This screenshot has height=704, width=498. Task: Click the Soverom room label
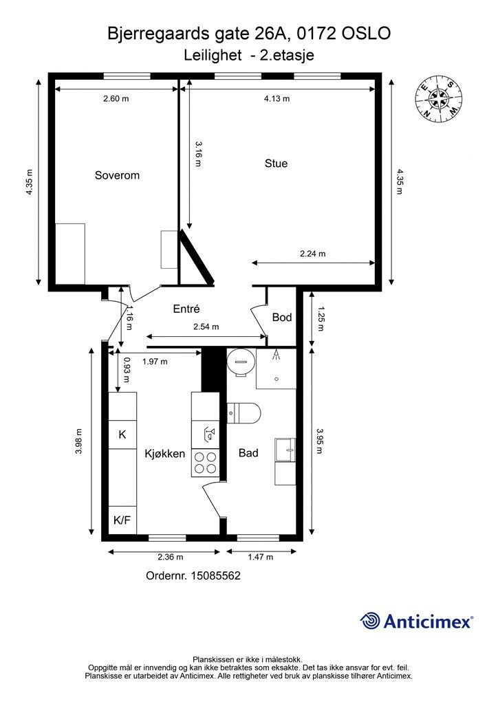[x=117, y=175]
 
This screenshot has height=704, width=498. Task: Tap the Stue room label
[x=276, y=164]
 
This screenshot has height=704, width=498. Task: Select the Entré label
[x=186, y=309]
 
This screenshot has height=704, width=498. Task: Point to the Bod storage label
[x=282, y=318]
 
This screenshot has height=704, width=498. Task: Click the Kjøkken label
[x=165, y=454]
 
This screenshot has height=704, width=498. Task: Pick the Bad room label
[x=248, y=453]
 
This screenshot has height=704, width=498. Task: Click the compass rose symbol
[x=438, y=98]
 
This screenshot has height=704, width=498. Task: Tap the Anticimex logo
[x=416, y=621]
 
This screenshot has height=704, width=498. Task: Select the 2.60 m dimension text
[x=116, y=99]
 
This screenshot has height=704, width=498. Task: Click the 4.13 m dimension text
[x=277, y=99]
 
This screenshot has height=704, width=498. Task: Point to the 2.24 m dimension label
[x=312, y=254]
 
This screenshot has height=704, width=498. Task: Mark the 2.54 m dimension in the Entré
[x=206, y=327]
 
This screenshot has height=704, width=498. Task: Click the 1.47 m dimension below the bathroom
[x=261, y=557]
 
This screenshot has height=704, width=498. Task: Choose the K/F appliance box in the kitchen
[x=122, y=520]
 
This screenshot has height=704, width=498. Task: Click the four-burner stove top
[x=205, y=463]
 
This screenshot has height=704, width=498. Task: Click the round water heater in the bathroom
[x=241, y=362]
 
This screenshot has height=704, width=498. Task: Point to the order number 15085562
[x=193, y=576]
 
